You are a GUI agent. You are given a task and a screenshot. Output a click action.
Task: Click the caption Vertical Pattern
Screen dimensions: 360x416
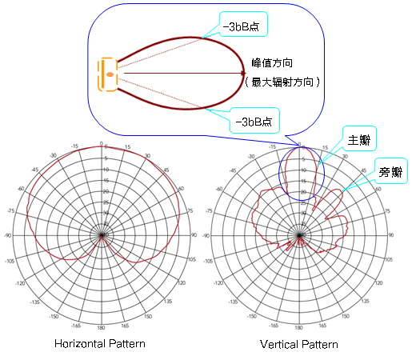[299, 345]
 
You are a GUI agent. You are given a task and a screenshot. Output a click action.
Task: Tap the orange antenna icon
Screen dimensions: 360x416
[107, 75]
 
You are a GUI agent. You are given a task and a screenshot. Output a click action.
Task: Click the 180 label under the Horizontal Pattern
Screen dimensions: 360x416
[102, 328]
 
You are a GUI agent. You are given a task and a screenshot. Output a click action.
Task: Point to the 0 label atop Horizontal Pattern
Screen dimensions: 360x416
[102, 145]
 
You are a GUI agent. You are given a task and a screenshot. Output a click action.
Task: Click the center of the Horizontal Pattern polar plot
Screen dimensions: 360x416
[102, 236]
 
